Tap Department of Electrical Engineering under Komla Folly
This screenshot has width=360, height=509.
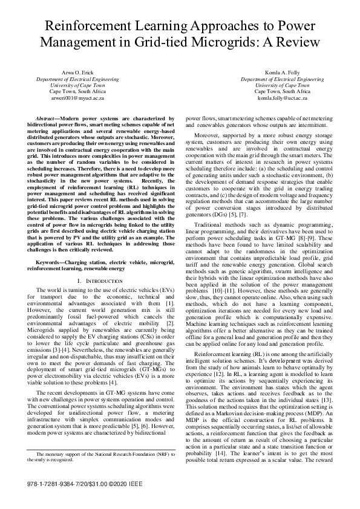click(282, 79)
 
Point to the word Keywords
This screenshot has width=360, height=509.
click(51, 263)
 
